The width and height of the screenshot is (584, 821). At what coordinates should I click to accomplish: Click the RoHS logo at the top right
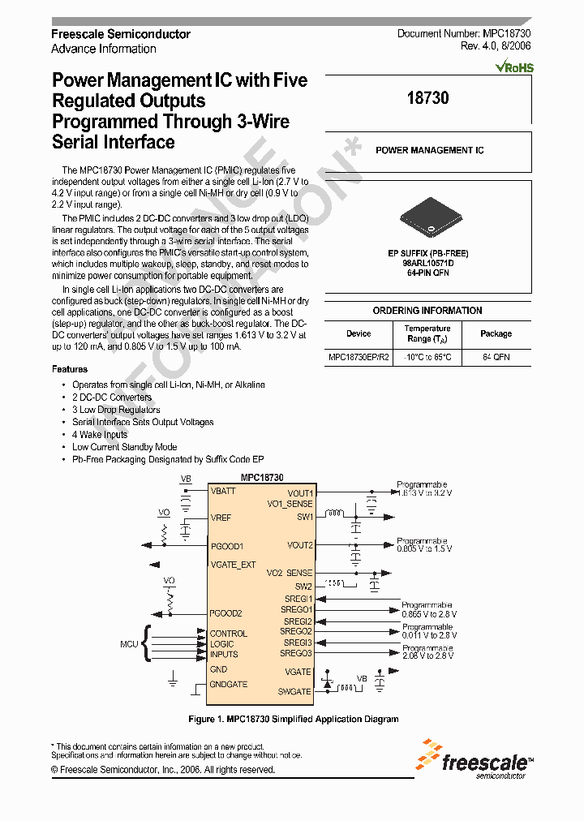[x=514, y=68]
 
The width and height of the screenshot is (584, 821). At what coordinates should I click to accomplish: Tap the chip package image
[x=428, y=220]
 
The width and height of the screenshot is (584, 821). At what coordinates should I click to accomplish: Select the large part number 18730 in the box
[x=427, y=98]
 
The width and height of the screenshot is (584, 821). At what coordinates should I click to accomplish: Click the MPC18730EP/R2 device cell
[x=359, y=357]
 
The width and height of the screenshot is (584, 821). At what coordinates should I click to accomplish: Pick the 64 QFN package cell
[x=496, y=357]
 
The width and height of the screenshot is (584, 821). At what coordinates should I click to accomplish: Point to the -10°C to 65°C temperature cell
[x=427, y=357]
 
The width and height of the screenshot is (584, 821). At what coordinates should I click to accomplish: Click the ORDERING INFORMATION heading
[x=427, y=311]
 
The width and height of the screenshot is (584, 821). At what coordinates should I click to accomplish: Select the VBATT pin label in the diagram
[x=224, y=492]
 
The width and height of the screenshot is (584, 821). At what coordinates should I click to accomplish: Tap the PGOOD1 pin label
[x=227, y=547]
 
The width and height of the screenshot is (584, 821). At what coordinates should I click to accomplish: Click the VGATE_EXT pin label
[x=233, y=565]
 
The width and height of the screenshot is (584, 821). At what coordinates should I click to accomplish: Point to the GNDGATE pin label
[x=229, y=685]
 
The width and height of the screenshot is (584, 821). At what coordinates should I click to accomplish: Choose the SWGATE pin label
[x=294, y=691]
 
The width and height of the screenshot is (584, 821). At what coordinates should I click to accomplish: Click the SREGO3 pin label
[x=296, y=653]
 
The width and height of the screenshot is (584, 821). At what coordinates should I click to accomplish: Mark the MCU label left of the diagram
[x=130, y=643]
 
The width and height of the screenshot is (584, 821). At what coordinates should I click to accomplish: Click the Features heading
[x=69, y=369]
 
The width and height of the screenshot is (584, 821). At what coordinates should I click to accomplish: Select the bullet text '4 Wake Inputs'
[x=100, y=435]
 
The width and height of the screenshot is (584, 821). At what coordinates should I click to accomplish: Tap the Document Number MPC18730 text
[x=464, y=34]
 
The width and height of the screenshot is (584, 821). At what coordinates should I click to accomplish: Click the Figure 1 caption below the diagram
[x=293, y=719]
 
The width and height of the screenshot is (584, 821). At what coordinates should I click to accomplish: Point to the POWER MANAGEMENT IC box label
[x=429, y=151]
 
